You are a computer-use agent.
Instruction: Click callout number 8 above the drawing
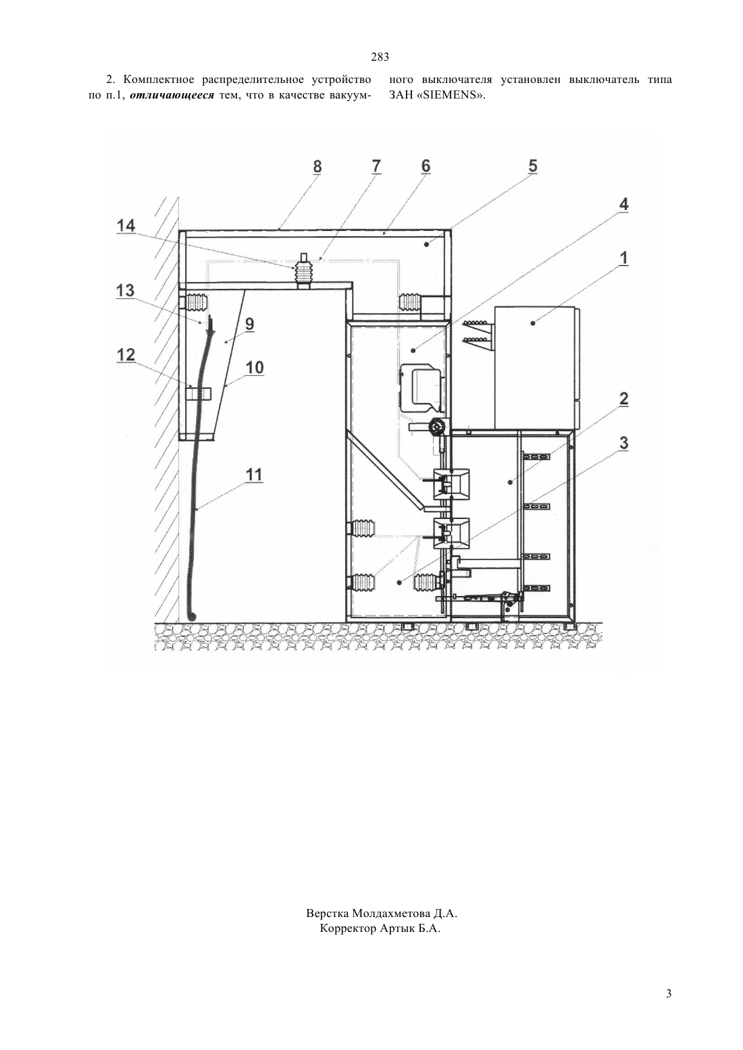point(317,167)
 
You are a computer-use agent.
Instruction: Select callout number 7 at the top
point(376,166)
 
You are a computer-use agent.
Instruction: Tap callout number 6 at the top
point(426,166)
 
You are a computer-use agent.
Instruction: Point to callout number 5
point(532,166)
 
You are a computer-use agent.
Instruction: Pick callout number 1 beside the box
point(623,258)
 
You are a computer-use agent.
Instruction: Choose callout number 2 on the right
point(623,399)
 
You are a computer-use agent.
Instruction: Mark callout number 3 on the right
point(623,443)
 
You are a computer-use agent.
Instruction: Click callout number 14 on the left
point(126,226)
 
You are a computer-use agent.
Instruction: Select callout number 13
point(125,291)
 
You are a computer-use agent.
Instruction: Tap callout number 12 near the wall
point(126,355)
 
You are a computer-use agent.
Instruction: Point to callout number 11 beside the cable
point(254,475)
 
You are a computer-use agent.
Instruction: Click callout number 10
point(255,368)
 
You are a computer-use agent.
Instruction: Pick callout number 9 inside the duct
point(249,324)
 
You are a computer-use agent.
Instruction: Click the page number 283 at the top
point(380,57)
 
